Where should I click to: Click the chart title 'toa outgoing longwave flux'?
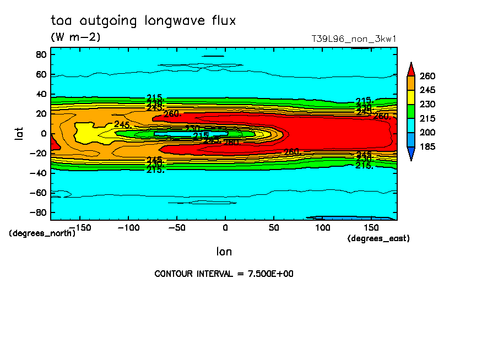coord(143,21)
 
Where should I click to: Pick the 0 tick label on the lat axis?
coord(43,133)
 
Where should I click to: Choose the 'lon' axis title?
coord(224,252)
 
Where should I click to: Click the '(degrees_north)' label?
coord(42,233)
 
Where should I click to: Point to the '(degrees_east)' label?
coord(378,238)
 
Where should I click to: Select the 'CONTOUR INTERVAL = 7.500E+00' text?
coord(224,274)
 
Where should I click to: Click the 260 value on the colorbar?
coord(427,76)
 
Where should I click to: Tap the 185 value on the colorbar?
coord(427,147)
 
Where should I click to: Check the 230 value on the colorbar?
coord(427,104)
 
